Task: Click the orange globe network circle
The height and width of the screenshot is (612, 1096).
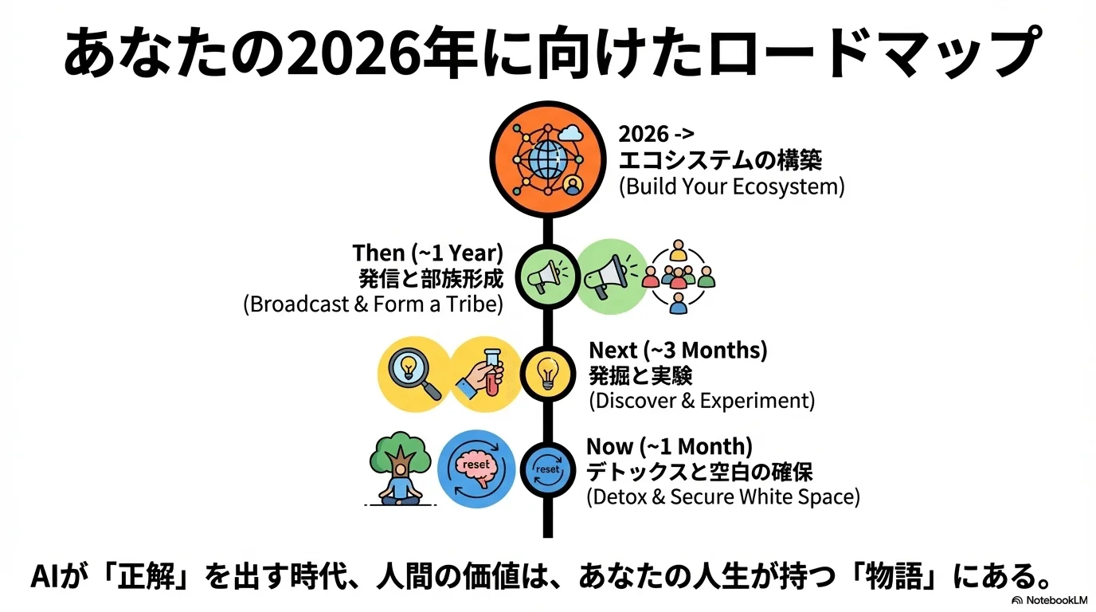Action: tap(547, 159)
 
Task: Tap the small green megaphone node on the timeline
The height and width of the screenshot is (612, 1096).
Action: tap(547, 277)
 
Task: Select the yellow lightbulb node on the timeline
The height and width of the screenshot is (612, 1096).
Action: tap(547, 374)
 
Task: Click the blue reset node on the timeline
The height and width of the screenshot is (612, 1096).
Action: tap(547, 469)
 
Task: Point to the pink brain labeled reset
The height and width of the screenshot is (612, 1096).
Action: tap(476, 470)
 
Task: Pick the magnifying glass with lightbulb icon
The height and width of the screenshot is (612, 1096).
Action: tap(414, 374)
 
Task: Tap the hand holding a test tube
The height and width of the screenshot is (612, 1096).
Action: tap(481, 374)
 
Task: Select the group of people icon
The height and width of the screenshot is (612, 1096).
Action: tap(678, 277)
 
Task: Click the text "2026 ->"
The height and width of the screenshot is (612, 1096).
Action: tap(656, 134)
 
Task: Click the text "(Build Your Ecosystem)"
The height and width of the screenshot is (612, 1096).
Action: tap(732, 186)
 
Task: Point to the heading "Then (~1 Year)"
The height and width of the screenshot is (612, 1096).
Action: tap(428, 253)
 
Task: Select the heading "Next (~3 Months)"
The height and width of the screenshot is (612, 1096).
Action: tap(678, 350)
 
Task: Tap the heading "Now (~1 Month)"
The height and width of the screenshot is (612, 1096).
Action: tap(669, 446)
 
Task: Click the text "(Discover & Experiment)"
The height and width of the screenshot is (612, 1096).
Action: tap(702, 401)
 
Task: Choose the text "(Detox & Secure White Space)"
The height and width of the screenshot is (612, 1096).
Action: tap(723, 496)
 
